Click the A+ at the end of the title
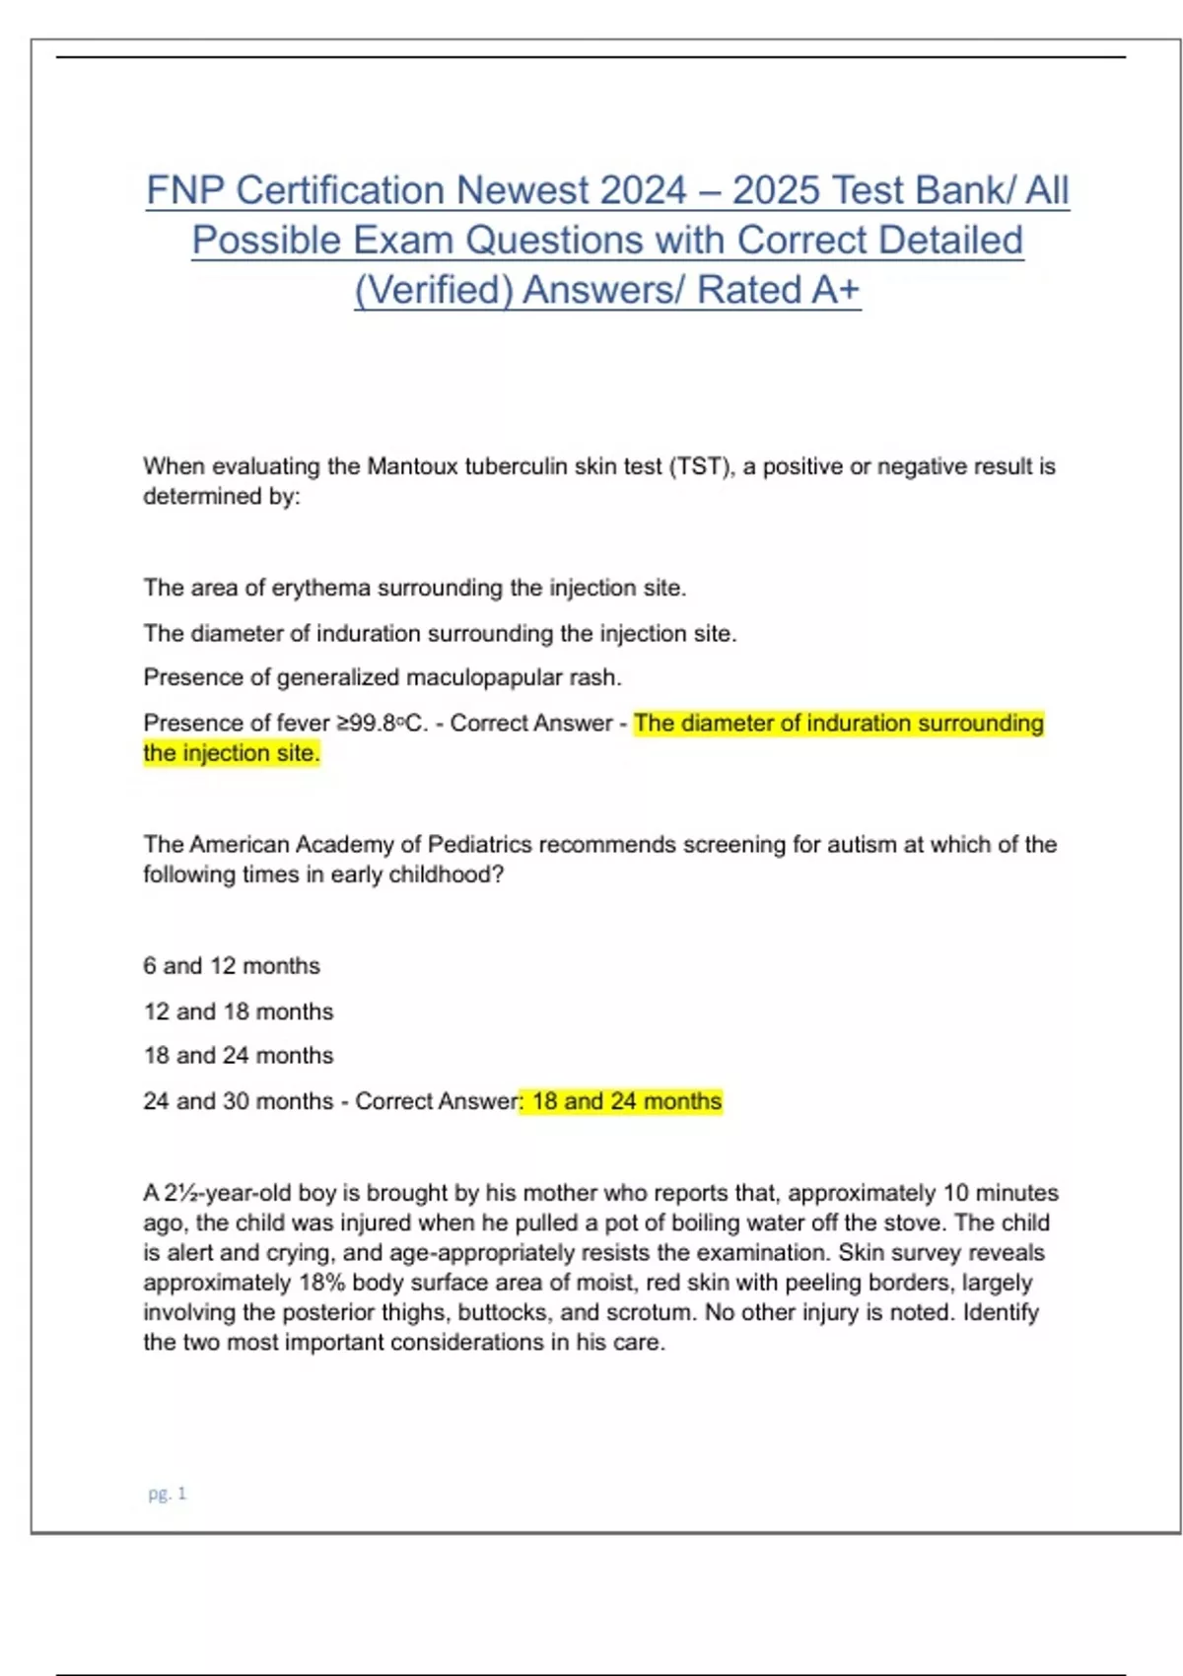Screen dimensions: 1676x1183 coord(835,290)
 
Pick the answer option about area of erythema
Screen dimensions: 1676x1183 coord(414,588)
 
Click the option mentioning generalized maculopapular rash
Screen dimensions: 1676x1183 coord(383,677)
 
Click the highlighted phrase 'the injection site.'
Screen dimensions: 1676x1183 coord(232,753)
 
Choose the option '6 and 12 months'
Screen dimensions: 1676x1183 coord(232,966)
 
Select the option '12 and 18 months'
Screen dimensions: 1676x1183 coord(239,1012)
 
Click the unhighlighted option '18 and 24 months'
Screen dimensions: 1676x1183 coord(239,1056)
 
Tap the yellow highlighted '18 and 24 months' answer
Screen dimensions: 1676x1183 coord(626,1101)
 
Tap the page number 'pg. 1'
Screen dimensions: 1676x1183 coord(167,1494)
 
